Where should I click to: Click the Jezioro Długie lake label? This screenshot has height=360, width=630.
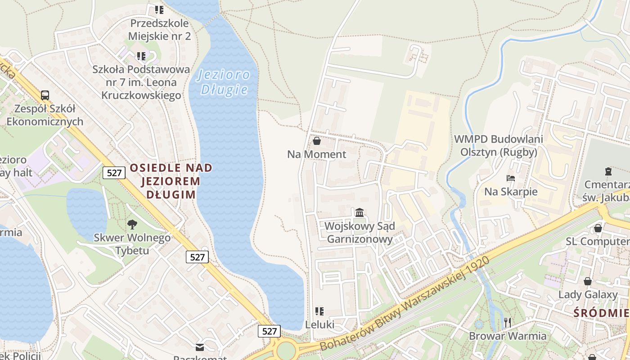click(224, 82)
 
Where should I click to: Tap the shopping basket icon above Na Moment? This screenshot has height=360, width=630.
click(317, 141)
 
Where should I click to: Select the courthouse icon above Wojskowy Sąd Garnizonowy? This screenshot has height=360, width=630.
click(360, 212)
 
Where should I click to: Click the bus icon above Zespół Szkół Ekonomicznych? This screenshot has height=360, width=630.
click(45, 95)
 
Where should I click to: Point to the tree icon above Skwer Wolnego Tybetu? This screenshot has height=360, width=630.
click(132, 224)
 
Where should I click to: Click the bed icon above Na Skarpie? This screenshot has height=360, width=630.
click(510, 178)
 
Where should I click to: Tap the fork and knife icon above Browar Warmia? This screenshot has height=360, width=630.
click(508, 322)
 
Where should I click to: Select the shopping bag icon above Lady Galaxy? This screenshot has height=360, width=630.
click(588, 281)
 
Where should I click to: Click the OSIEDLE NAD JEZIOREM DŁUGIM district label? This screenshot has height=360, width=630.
click(171, 181)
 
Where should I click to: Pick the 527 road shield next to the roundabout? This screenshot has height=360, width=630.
click(269, 331)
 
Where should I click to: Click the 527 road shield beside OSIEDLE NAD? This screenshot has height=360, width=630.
click(114, 172)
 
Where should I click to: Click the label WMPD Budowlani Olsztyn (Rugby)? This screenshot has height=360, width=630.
click(499, 145)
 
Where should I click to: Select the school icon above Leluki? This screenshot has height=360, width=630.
click(319, 311)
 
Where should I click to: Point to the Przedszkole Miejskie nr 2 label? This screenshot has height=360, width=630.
click(160, 29)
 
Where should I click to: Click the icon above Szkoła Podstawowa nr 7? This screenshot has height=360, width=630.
click(141, 56)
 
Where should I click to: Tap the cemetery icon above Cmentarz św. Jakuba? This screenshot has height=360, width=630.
click(608, 171)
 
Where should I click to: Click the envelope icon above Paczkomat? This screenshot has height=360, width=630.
click(200, 347)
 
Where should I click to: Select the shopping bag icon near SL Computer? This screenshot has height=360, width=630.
click(598, 228)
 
